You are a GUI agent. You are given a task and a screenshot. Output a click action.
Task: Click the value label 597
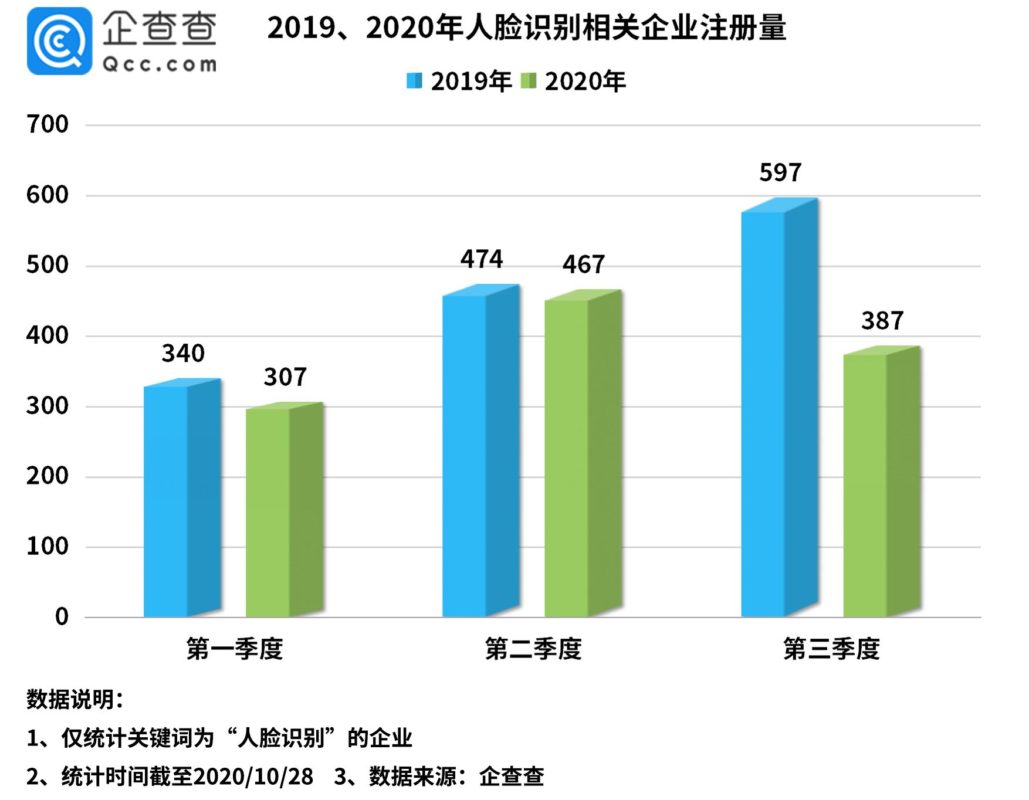coord(780,173)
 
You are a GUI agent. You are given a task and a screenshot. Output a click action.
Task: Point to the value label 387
coord(882,321)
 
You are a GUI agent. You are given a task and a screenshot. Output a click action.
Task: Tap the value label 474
coord(481,259)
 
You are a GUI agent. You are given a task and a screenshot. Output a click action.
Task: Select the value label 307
coord(285,377)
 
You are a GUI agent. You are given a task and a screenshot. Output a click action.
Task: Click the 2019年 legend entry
coord(459,82)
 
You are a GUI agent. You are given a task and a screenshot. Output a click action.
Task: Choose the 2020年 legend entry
coord(573,82)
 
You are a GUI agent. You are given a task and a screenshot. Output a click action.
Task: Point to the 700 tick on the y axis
coord(47,124)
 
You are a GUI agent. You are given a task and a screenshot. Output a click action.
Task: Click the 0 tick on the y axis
coord(62,616)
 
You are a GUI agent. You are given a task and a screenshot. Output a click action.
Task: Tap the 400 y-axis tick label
coord(47,335)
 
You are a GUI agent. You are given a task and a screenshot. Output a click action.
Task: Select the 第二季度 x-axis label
coord(533,649)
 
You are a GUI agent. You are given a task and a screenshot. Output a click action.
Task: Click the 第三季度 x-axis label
coord(831,649)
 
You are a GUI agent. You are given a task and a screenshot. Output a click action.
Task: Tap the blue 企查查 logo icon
coord(59,41)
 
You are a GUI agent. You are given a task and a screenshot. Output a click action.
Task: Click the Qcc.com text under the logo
coord(159,64)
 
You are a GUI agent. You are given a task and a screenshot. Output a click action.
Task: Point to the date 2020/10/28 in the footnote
coord(253,777)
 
